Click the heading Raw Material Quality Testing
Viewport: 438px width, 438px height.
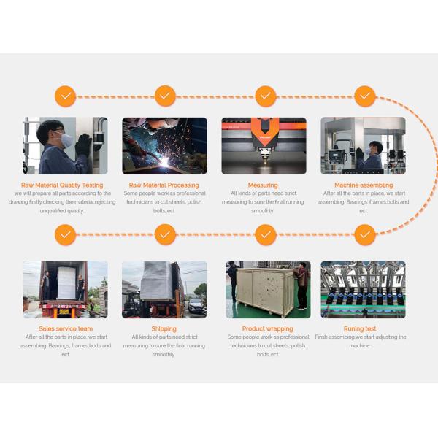click(x=62, y=185)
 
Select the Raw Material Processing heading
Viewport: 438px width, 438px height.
click(x=164, y=185)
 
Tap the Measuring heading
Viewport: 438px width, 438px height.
click(x=263, y=185)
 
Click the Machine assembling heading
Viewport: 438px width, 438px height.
click(x=364, y=185)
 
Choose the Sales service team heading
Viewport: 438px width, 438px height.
click(x=66, y=328)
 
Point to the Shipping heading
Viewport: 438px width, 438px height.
click(x=164, y=328)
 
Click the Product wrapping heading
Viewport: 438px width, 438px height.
click(x=264, y=328)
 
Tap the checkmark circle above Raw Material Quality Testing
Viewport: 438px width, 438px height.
click(x=66, y=96)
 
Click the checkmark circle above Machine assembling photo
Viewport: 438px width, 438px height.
click(x=364, y=96)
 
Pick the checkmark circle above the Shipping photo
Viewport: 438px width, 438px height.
click(x=165, y=235)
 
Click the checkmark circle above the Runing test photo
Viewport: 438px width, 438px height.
click(x=364, y=235)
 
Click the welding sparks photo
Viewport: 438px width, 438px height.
click(x=164, y=145)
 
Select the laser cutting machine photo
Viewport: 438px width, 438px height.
click(x=264, y=145)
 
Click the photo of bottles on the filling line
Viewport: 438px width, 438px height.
click(x=363, y=289)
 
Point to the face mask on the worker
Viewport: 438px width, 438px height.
click(x=65, y=139)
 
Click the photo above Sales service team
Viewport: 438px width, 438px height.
click(x=65, y=289)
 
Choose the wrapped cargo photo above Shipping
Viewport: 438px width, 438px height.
click(x=164, y=289)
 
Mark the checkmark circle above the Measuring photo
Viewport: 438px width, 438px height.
click(x=265, y=96)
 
